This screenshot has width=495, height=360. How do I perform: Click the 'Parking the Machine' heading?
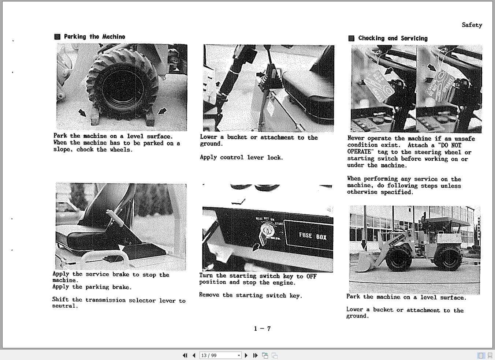[x=94, y=37]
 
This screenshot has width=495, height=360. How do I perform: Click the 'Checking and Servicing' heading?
[x=392, y=38]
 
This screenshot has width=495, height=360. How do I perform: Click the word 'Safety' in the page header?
[x=472, y=25]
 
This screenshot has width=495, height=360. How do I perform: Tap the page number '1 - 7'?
[x=262, y=329]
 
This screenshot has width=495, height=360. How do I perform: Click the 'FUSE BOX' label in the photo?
[x=312, y=236]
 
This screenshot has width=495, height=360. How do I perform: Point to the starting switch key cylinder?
[x=267, y=230]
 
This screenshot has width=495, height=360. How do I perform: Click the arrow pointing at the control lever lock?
[x=261, y=75]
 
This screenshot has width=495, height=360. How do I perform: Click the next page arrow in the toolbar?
[x=246, y=355]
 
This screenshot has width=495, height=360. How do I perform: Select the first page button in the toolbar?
[x=185, y=355]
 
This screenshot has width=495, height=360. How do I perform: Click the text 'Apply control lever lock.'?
[x=241, y=158]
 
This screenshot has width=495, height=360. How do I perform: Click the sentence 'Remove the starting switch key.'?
[x=250, y=295]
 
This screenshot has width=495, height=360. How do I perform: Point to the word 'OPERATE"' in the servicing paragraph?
[x=360, y=152]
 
